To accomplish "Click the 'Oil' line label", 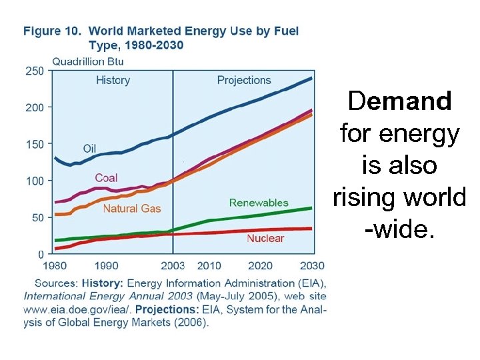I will [x=90, y=148].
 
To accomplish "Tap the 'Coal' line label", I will [x=107, y=177].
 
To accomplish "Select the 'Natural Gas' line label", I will [x=132, y=209].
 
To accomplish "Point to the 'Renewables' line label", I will [x=259, y=203].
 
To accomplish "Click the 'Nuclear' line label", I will [x=265, y=238].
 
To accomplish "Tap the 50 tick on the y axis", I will [x=38, y=217].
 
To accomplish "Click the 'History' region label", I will [x=113, y=81].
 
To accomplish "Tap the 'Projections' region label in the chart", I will [x=244, y=81].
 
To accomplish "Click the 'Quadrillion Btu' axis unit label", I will [x=87, y=61].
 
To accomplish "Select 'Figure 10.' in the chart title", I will [x=53, y=31].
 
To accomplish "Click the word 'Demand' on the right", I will [x=400, y=102].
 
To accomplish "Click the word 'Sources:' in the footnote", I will [x=56, y=283].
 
